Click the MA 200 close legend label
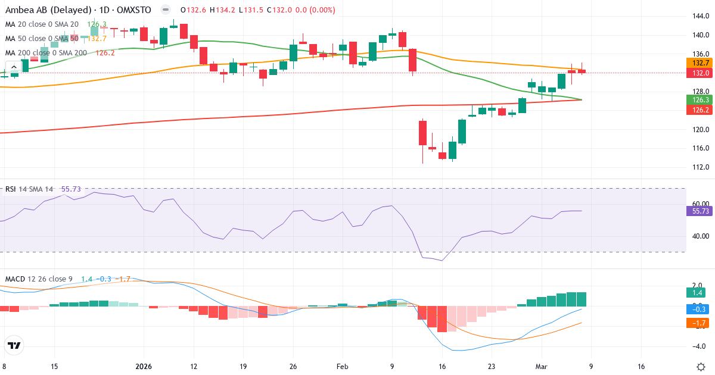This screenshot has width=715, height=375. point(46,52)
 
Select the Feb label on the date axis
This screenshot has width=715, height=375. point(342,367)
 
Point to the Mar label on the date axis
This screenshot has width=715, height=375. point(541,367)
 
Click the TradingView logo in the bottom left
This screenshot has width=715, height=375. point(14,345)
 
